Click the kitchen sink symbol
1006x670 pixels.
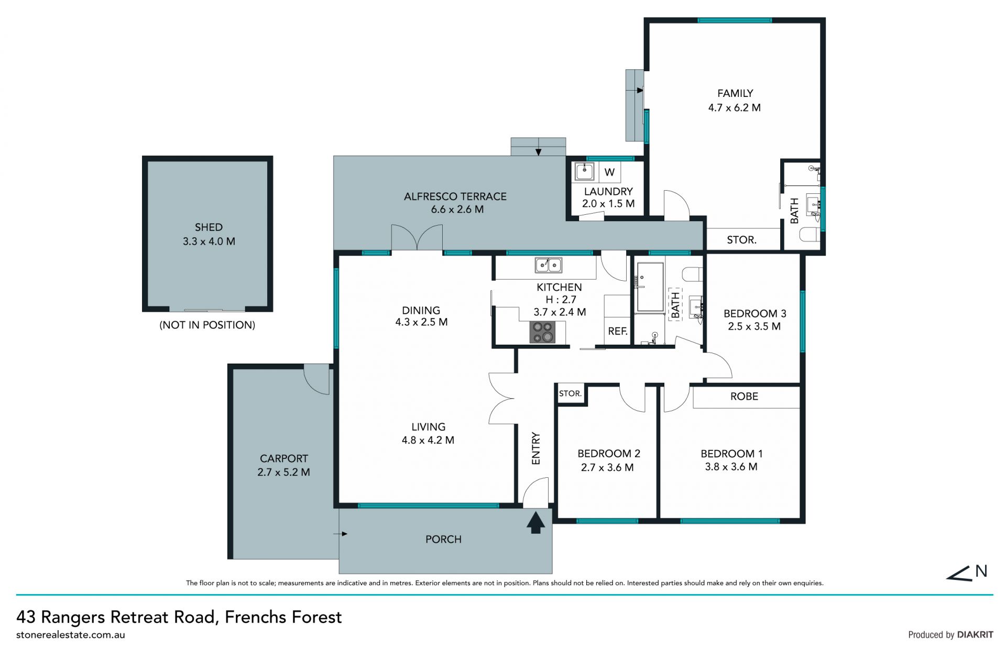tap(548, 265)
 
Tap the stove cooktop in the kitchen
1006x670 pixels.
tap(542, 332)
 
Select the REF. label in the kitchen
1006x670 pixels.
tap(618, 331)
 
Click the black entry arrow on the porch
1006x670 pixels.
tap(535, 523)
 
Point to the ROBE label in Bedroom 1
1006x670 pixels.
tap(744, 397)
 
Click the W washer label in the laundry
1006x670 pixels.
tap(609, 172)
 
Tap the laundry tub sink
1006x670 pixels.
tap(584, 171)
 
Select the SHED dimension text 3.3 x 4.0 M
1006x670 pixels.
tap(209, 241)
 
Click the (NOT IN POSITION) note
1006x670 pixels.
tap(207, 325)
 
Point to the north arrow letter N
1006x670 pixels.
tap(981, 571)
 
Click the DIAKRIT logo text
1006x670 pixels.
tap(975, 635)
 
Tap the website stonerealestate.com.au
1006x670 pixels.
tap(71, 635)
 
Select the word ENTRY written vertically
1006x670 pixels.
tap(535, 448)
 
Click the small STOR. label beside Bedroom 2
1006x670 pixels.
tap(570, 393)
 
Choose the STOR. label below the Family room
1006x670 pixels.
tap(741, 240)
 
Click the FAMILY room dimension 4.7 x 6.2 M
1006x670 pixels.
tap(735, 108)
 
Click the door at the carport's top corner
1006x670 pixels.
tap(316, 379)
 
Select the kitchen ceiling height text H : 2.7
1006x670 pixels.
tap(561, 300)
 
